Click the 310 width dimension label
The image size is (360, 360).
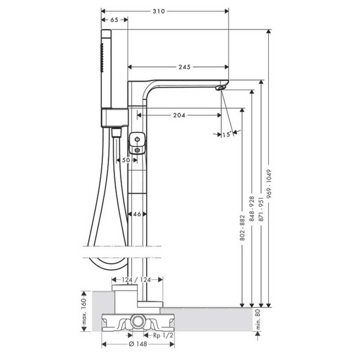pos(159,11)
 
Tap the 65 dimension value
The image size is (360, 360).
pos(114,20)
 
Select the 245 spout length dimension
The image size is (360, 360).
pos(185,67)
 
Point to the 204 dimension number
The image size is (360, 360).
pos(179,115)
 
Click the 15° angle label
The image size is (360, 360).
pos(227,134)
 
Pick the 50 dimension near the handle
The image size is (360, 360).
pos(126,160)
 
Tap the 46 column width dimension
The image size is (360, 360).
pos(137,214)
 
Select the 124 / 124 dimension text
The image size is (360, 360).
pos(136,280)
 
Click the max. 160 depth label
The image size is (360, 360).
pos(84,311)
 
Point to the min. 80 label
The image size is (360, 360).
pos(258,319)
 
